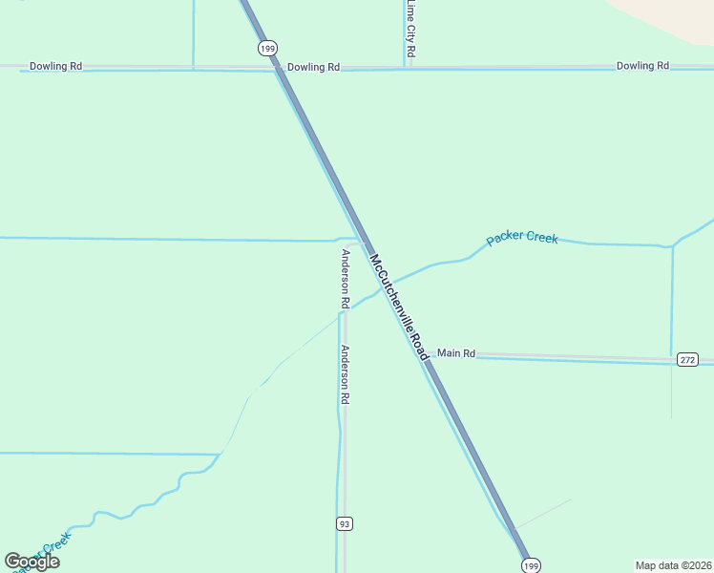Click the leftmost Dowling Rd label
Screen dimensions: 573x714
[55, 67]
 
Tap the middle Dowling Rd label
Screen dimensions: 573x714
[313, 67]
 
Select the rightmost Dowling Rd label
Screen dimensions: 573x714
[642, 66]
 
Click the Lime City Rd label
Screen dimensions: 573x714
[410, 30]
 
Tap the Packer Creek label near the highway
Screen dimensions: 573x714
[521, 238]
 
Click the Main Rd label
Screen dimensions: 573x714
[455, 353]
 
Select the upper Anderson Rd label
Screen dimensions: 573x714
[345, 278]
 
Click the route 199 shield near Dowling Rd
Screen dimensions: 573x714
[266, 48]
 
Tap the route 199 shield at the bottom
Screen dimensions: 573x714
[532, 564]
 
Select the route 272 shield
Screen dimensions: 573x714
[688, 360]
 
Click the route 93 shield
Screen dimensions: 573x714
[345, 523]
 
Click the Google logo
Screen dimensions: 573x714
[31, 562]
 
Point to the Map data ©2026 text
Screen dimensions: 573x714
[673, 564]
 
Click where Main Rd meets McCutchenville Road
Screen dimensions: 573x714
[426, 353]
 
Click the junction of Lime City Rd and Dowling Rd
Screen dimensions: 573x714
[409, 67]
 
